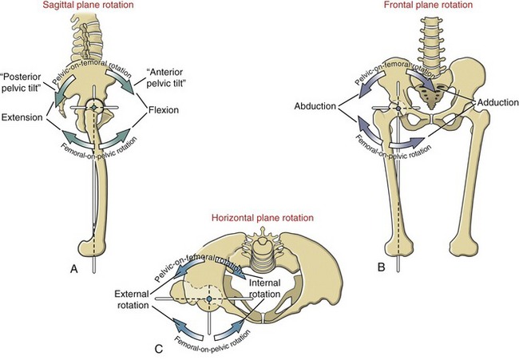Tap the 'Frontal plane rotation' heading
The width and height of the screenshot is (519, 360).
coord(428,5)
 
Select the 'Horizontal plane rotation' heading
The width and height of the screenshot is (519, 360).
coord(263,218)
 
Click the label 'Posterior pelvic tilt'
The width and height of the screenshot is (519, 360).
coord(22,82)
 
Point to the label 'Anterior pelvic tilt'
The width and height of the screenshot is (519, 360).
coord(164,77)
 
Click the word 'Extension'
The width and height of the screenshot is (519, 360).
coord(22,117)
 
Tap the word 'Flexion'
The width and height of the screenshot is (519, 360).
coord(164,110)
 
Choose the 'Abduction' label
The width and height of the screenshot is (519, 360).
coord(315,106)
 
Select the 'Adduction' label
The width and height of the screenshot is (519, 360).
coord(497,103)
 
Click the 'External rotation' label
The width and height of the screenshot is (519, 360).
coord(132,299)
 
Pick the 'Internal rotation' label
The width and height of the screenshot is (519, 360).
coord(264,288)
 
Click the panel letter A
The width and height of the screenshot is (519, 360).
coord(74,269)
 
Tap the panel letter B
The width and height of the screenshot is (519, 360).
coord(382,267)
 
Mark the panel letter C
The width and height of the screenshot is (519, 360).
coord(159,348)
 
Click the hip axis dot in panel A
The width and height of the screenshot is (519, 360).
coord(94,108)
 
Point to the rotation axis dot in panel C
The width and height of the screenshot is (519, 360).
coord(209,299)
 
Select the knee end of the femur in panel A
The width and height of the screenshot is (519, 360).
coord(93,244)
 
